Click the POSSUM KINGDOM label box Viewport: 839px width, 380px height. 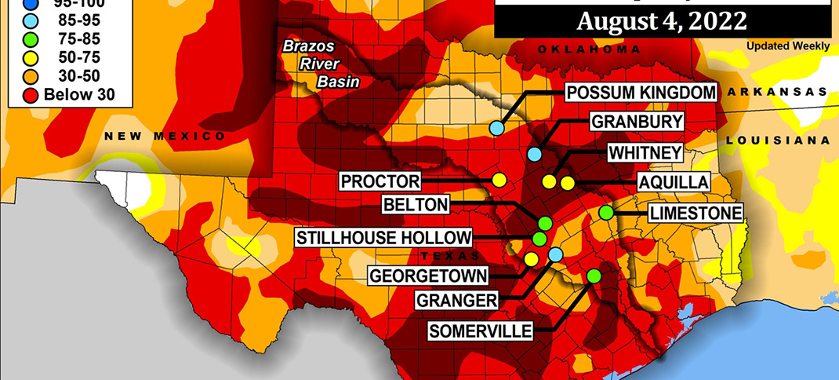641,93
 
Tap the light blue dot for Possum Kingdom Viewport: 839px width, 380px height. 496,128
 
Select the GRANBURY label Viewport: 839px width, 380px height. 636,122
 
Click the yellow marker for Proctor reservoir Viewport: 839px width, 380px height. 498,180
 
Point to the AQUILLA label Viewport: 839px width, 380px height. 673,182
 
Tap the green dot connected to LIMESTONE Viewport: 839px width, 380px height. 605,212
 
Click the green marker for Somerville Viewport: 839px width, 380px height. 594,276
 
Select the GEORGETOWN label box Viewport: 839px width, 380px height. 428,276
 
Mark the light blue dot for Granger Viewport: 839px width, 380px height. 555,254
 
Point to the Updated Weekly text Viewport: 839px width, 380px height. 788,46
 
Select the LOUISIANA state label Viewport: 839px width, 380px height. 777,140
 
